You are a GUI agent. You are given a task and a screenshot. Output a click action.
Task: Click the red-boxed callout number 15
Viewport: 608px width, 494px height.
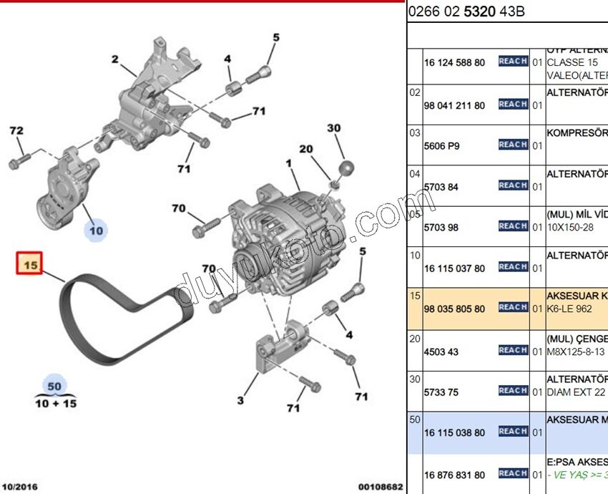point(30,263)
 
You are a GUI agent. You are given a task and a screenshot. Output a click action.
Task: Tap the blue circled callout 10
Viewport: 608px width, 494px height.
point(96,230)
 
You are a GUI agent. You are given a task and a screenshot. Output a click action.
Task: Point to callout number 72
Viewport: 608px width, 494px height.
point(16,131)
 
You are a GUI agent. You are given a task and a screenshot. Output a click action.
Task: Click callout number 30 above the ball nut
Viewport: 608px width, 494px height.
point(334,129)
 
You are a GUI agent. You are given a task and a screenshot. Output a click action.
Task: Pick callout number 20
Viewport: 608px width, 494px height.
point(306,149)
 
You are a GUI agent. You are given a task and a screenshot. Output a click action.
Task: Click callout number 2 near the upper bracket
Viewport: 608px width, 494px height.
point(115,59)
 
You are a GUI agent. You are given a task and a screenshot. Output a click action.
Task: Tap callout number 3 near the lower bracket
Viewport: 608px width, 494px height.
point(240,400)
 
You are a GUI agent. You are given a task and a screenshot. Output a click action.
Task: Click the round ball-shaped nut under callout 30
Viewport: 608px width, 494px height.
point(345,168)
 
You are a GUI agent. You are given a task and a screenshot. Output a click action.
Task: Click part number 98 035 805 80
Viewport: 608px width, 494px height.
point(454,309)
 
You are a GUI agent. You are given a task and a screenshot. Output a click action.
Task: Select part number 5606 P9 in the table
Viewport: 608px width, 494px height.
point(442,146)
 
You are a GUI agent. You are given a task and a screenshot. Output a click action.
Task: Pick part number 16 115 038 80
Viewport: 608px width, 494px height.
point(454,433)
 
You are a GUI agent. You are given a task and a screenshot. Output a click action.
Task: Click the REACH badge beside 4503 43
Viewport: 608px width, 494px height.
point(513,350)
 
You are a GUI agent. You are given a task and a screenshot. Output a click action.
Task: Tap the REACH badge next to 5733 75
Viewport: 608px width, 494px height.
point(513,391)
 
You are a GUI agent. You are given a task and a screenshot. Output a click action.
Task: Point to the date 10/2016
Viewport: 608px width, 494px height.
point(20,487)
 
